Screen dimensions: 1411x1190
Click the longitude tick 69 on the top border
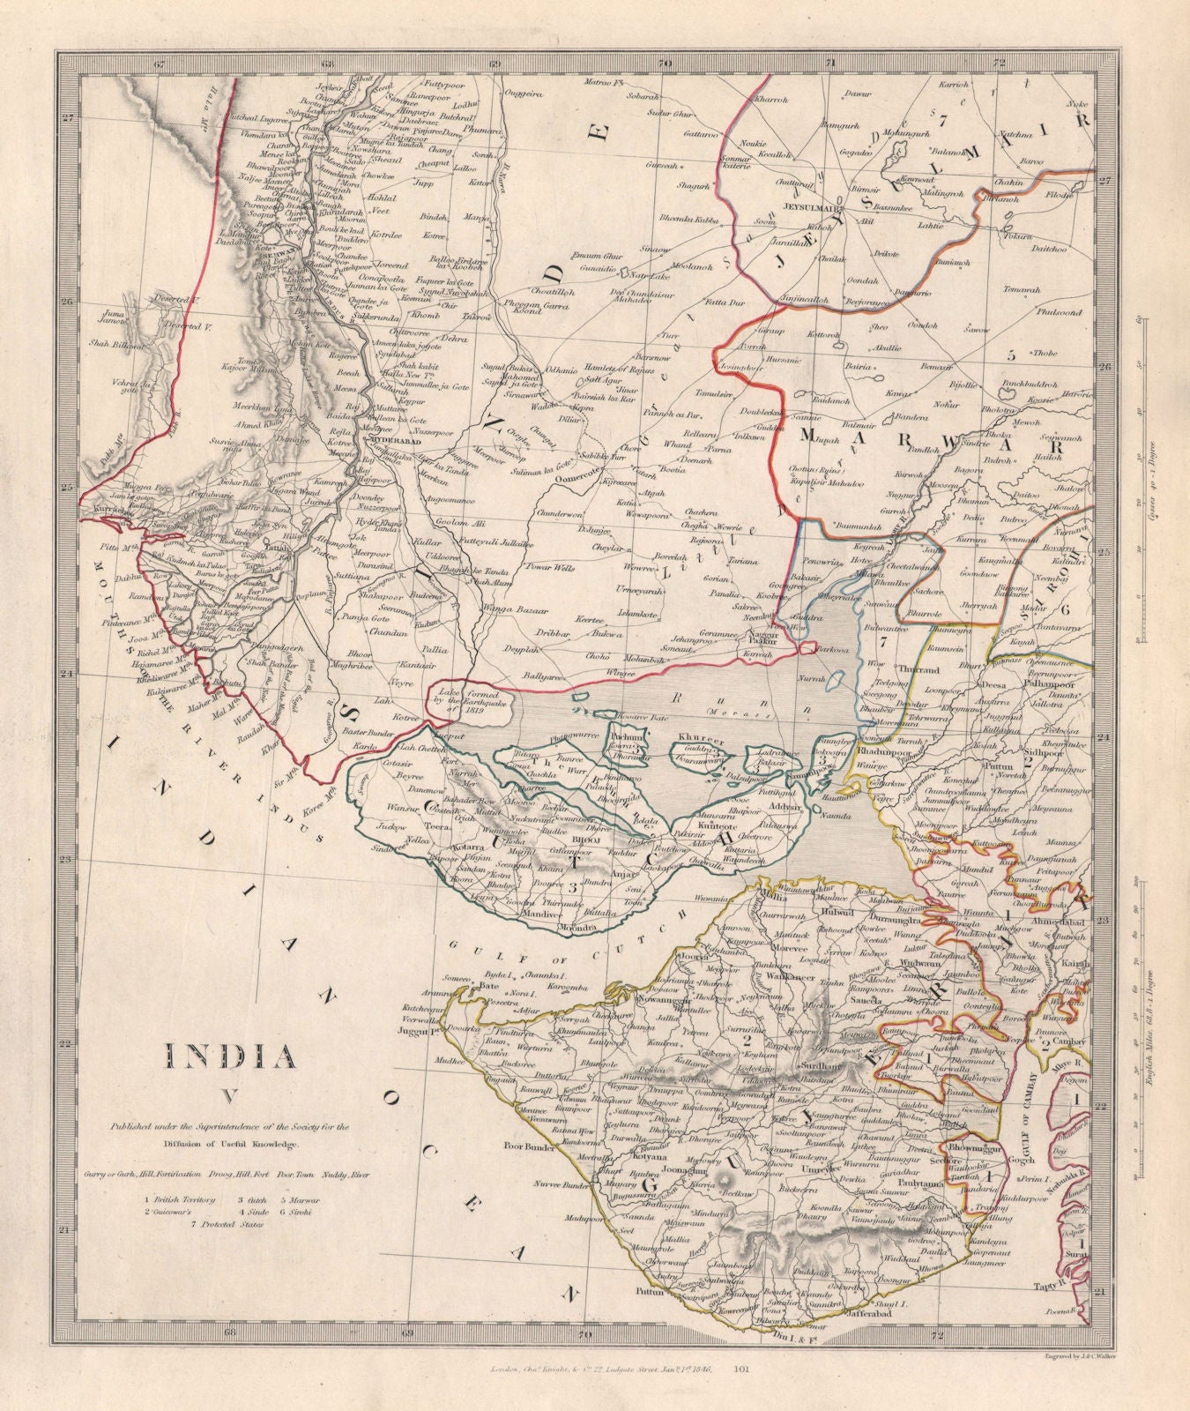point(495,63)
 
